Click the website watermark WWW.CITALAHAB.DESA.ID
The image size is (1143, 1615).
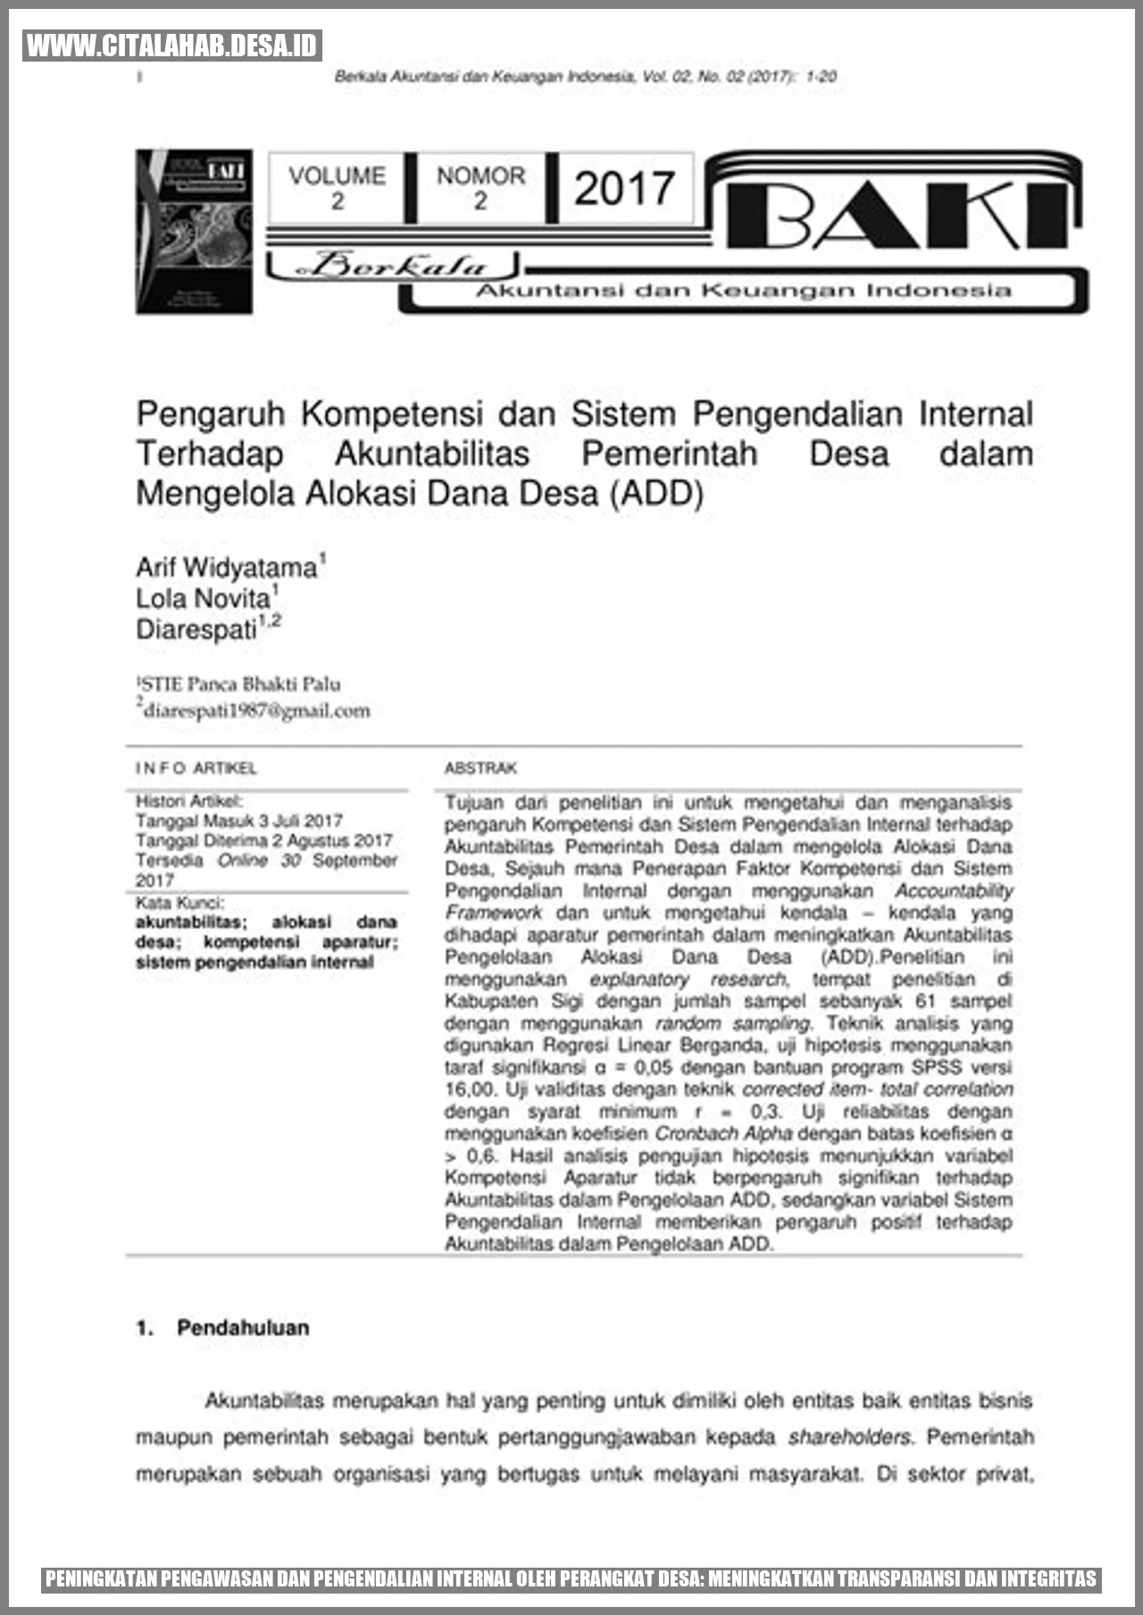pos(172,46)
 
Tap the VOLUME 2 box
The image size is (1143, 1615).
pos(337,187)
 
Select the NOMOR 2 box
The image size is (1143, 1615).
pos(480,187)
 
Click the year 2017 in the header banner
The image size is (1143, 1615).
pos(623,188)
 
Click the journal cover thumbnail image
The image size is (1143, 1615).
pos(194,231)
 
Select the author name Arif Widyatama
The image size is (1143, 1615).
pos(227,568)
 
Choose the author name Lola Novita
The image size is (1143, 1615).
pos(204,598)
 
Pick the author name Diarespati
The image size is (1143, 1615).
pos(196,629)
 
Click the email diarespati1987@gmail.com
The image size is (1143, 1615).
pos(257,711)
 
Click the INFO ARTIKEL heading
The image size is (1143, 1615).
pos(196,768)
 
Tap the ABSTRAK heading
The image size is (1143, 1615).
pos(480,768)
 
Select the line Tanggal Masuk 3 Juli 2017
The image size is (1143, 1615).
pos(238,820)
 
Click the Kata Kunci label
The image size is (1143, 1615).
pos(179,903)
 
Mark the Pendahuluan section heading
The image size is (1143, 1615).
pos(242,1328)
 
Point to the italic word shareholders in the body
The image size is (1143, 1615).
pos(849,1437)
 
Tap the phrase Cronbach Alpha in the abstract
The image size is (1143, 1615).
pos(723,1134)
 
